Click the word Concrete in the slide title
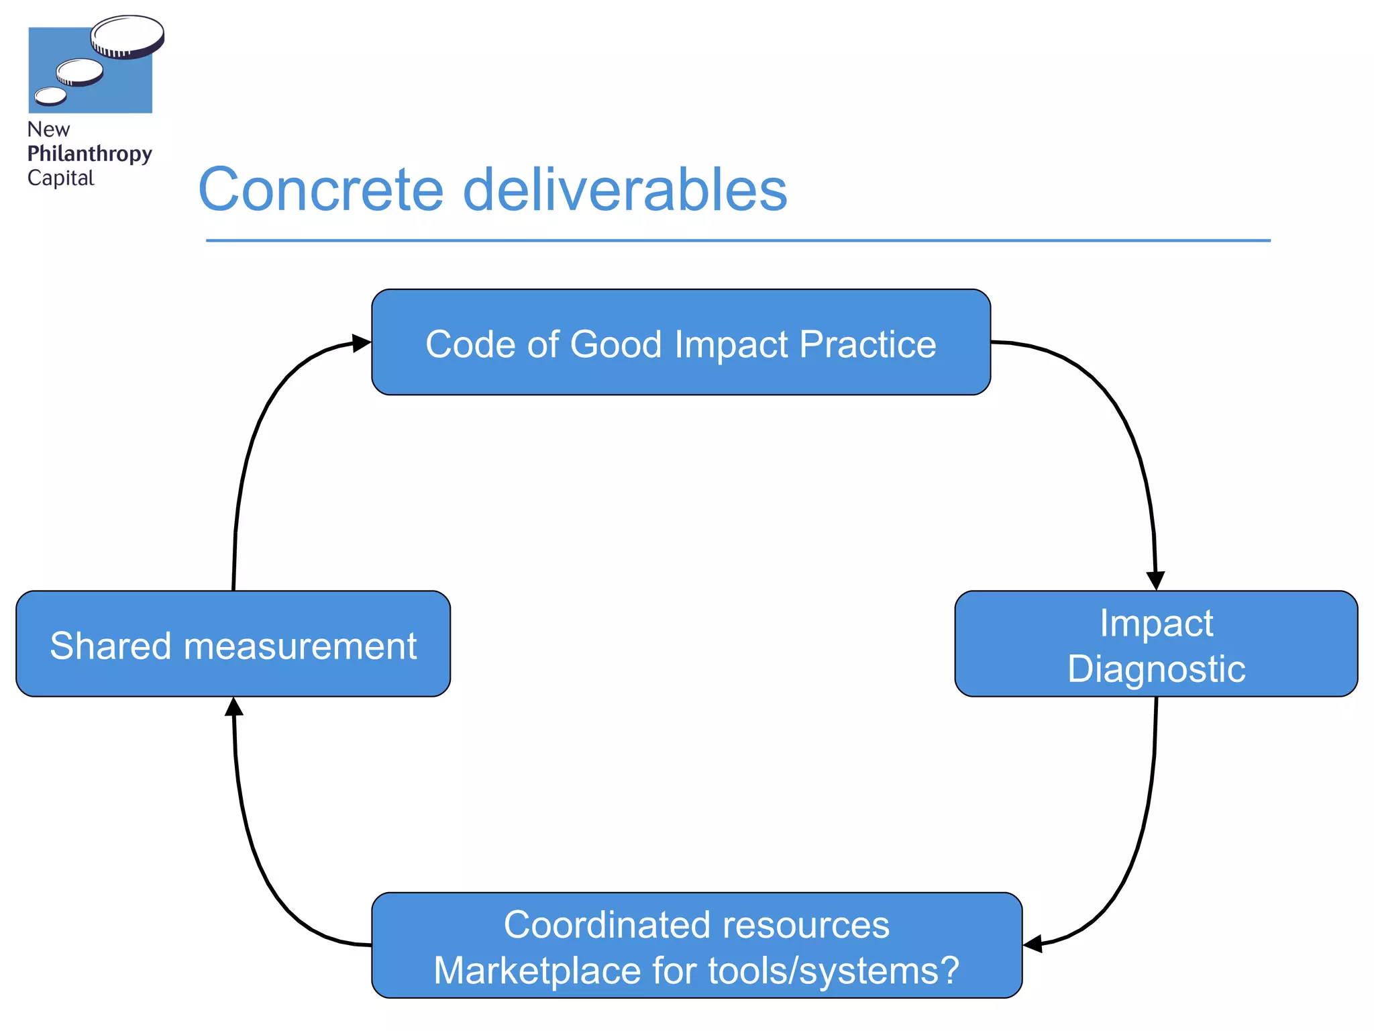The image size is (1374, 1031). tap(321, 191)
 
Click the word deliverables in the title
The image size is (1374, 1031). tap(625, 191)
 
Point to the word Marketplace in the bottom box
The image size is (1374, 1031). tap(537, 971)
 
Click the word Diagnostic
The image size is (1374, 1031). tap(1156, 669)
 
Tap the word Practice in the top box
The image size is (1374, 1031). tap(867, 345)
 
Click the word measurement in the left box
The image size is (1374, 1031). tap(300, 646)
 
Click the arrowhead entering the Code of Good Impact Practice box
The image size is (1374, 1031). tap(361, 343)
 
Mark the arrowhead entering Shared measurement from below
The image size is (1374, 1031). tap(233, 706)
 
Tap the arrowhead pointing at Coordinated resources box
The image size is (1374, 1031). tap(1033, 944)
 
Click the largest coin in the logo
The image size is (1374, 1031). tap(127, 36)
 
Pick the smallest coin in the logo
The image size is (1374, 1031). tap(50, 97)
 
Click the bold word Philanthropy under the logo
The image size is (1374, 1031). tap(89, 154)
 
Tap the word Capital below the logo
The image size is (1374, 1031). tap(60, 178)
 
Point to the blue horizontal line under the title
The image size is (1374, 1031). tap(738, 240)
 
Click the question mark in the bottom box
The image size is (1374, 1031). tap(949, 971)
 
